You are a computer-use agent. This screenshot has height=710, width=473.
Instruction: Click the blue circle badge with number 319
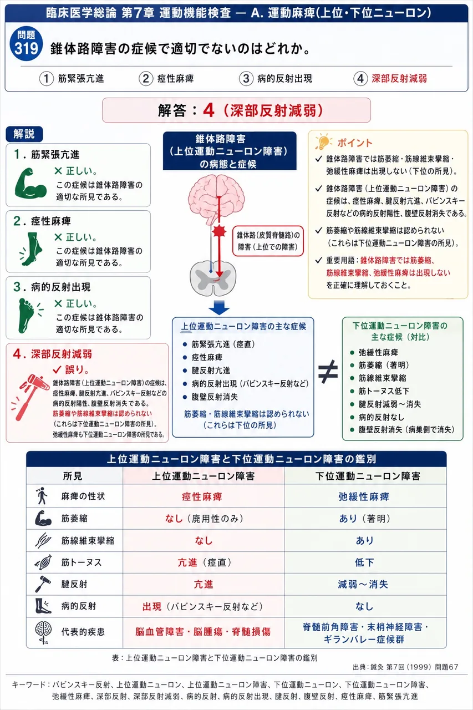point(26,43)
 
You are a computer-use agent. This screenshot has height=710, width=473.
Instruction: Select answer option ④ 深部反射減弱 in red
point(390,78)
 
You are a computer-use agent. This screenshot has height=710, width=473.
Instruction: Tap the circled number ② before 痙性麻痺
point(146,78)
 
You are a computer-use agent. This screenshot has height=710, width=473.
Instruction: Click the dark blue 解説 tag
point(24,134)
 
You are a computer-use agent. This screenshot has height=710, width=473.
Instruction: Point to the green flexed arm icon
point(30,183)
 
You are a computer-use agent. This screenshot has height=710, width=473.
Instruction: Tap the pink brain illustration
point(216,199)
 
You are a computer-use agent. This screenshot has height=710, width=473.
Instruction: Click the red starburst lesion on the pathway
point(219,231)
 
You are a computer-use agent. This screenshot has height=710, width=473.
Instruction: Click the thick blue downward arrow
point(219,307)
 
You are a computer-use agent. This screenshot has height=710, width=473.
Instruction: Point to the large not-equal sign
point(328,371)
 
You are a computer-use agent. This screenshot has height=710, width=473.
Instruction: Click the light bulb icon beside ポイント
point(323,141)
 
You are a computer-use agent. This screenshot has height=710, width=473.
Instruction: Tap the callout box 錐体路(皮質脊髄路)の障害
point(268,241)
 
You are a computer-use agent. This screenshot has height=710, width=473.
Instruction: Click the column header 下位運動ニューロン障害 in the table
point(368,476)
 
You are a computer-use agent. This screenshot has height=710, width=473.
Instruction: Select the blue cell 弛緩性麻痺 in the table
point(364,496)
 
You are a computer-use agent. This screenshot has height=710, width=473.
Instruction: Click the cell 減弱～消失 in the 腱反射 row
point(363,584)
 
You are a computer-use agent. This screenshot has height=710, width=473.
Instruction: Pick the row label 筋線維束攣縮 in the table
point(88,540)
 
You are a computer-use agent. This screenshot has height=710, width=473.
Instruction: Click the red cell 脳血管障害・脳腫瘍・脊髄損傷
point(203,632)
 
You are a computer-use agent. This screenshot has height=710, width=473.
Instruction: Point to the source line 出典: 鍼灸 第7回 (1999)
point(405,667)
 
